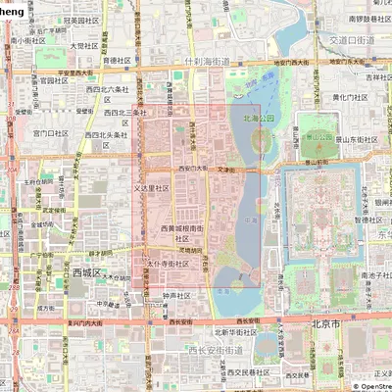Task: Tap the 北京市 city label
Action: click(323, 322)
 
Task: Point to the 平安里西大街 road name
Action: click(73, 73)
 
